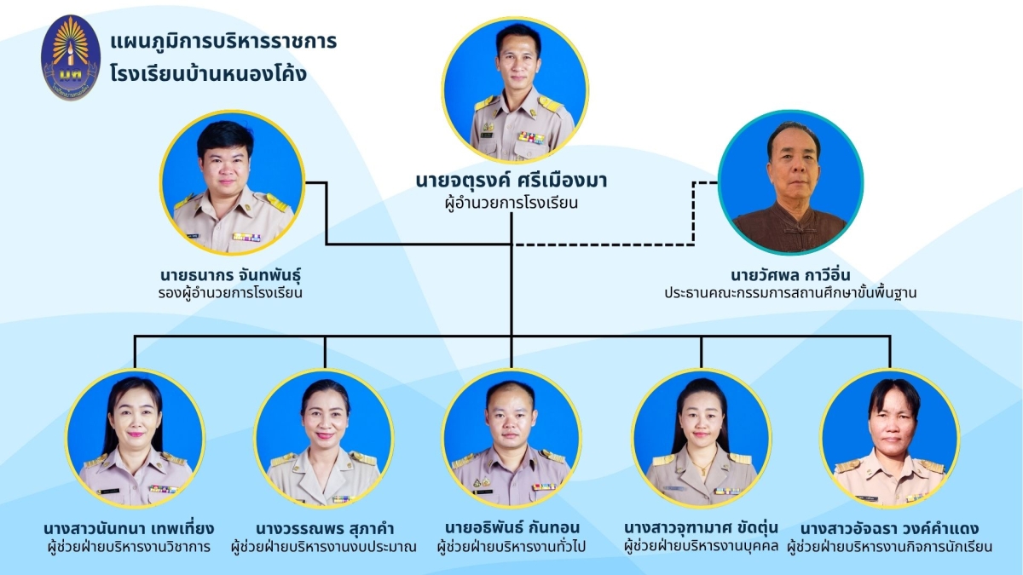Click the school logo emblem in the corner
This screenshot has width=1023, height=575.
(71, 57)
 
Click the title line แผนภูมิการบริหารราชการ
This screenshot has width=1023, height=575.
(223, 41)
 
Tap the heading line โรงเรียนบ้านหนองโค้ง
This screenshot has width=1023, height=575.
(208, 74)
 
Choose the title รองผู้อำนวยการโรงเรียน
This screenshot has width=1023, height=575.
(231, 294)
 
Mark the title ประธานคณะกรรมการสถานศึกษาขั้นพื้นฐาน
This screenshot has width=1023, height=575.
(790, 294)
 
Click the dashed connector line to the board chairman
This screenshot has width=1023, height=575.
(692, 213)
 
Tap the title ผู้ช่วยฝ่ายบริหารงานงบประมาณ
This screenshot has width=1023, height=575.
(324, 546)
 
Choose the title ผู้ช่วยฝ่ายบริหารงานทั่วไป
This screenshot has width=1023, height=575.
(511, 546)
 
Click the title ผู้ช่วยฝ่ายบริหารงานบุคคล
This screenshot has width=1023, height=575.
(701, 546)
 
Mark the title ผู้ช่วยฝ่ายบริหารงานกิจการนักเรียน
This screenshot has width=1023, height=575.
(889, 546)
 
